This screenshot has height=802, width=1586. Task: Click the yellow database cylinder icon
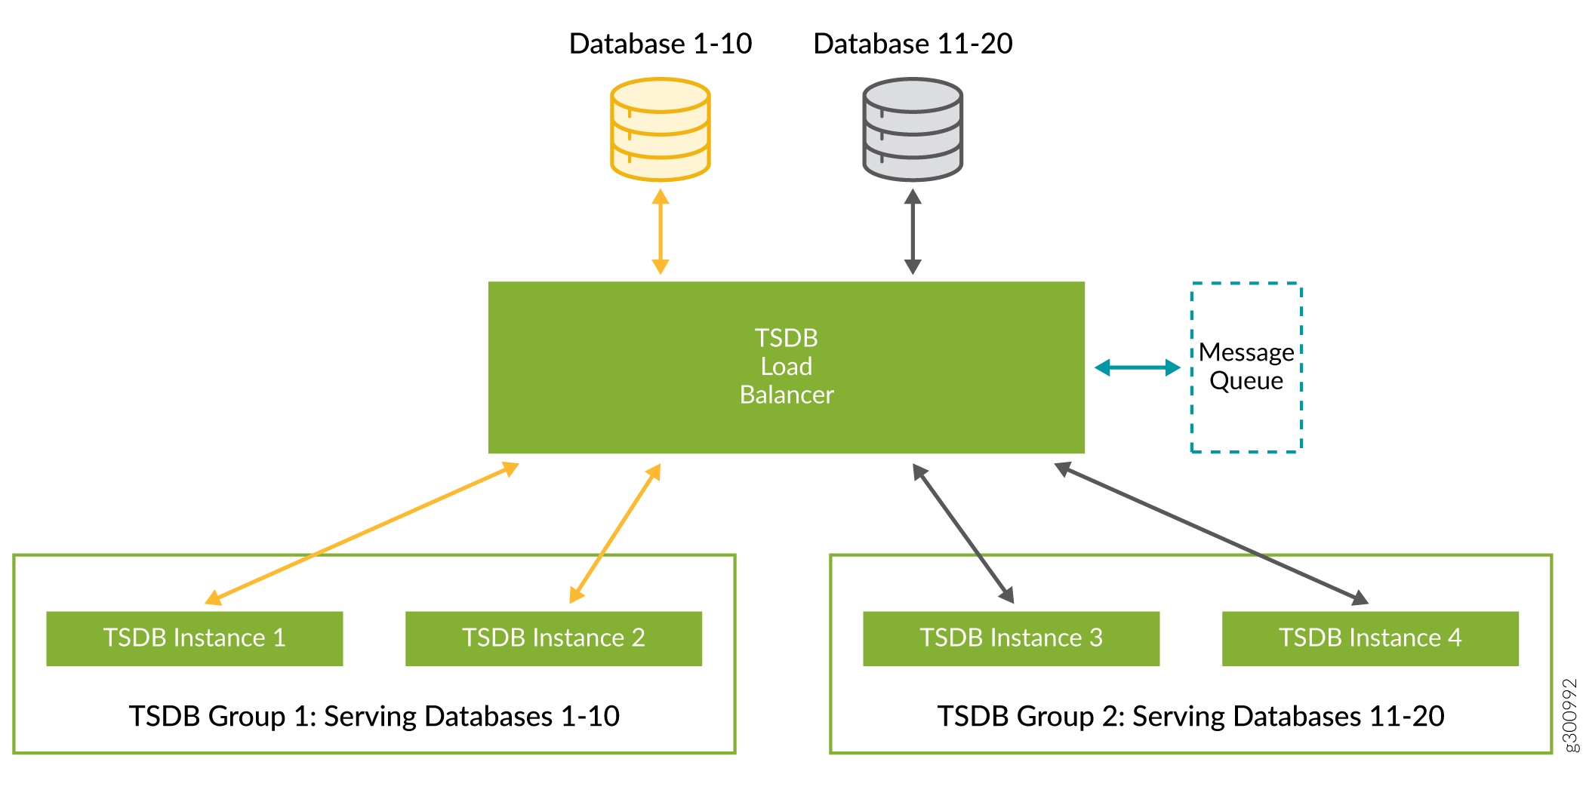pos(660,129)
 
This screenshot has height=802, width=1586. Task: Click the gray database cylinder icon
pos(912,129)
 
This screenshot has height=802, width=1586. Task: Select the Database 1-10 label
pos(660,44)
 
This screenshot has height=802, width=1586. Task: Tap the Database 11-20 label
pos(912,44)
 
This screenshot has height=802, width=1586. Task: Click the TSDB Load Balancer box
pos(786,367)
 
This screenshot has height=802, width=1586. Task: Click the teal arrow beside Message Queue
pos(1137,367)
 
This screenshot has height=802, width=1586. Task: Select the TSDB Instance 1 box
pos(194,638)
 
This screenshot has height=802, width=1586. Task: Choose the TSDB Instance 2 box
pos(553,638)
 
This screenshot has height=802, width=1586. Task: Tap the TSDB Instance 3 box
pos(1011,638)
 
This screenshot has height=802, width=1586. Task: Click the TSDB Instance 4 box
pos(1370,638)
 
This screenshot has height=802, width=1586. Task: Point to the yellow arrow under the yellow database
pos(660,231)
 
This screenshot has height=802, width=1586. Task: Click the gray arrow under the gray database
pos(912,231)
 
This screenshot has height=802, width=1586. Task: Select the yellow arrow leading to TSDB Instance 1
pos(362,533)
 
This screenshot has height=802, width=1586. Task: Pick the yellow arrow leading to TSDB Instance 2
pos(614,533)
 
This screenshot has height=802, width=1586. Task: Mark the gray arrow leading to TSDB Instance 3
pos(962,533)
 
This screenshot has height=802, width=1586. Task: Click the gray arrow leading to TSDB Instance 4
pos(1211,533)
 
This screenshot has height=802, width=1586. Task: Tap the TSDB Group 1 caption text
pos(374,716)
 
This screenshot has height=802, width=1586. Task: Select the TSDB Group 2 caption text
pos(1190,716)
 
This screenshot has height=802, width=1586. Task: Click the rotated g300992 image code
pos(1569,714)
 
